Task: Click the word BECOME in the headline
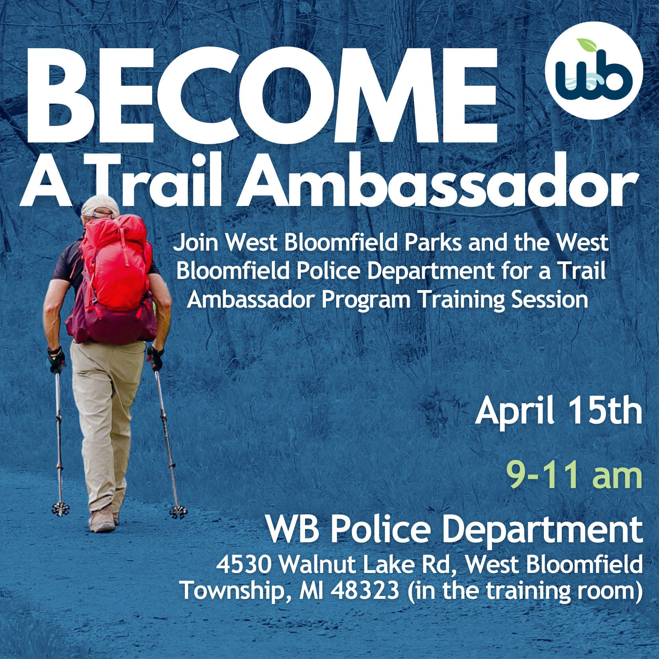click(262, 96)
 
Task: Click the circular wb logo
click(594, 71)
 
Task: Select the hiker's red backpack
click(114, 279)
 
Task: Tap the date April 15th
click(559, 411)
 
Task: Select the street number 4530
click(244, 565)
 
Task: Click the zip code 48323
click(365, 590)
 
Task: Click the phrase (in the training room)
click(525, 591)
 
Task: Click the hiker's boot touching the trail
click(102, 522)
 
